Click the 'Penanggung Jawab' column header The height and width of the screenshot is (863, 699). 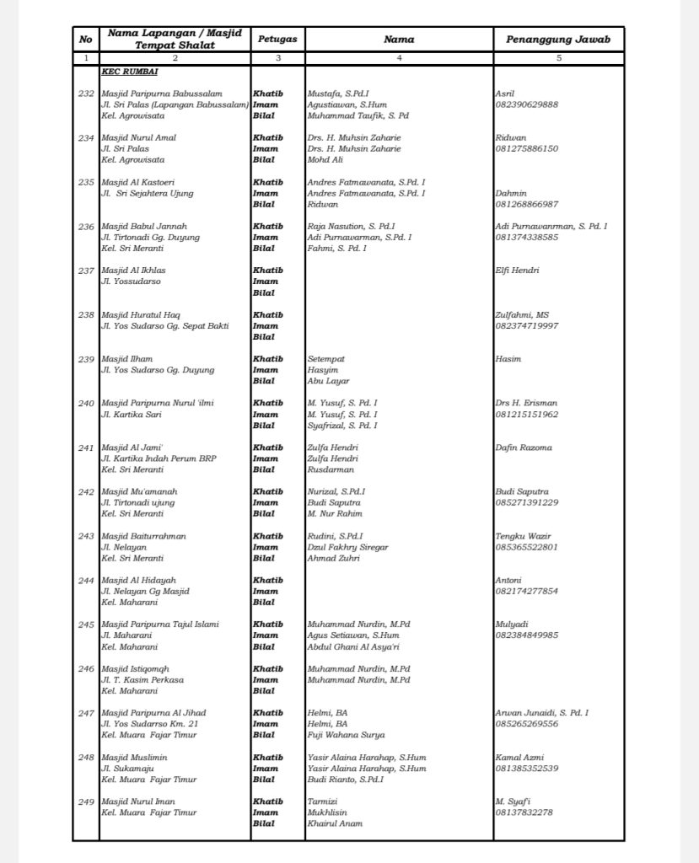(558, 40)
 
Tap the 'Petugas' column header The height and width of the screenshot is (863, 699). (277, 40)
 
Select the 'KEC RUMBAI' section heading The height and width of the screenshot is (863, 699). (124, 72)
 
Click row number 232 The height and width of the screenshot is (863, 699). (86, 93)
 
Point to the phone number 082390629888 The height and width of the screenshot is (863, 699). (527, 105)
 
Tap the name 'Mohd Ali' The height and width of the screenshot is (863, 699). (325, 159)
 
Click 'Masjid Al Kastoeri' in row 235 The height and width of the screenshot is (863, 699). (138, 182)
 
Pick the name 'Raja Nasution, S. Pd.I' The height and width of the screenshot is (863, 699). (351, 227)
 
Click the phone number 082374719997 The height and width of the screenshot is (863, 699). (527, 326)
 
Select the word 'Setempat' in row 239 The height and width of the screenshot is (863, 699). (326, 359)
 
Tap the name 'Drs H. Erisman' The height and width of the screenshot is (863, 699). (527, 404)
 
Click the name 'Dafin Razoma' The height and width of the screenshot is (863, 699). (524, 448)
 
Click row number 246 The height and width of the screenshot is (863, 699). (86, 668)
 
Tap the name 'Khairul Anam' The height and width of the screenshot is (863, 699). (335, 823)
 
